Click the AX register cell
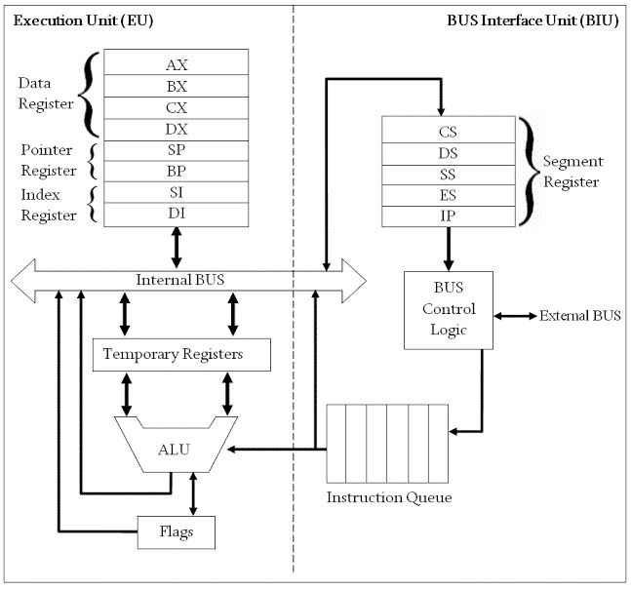177,63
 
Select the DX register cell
177,129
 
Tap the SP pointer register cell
177,151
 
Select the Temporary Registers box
179,354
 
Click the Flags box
177,533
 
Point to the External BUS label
579,316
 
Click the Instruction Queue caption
388,498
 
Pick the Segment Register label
572,171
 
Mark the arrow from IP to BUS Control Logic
449,249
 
